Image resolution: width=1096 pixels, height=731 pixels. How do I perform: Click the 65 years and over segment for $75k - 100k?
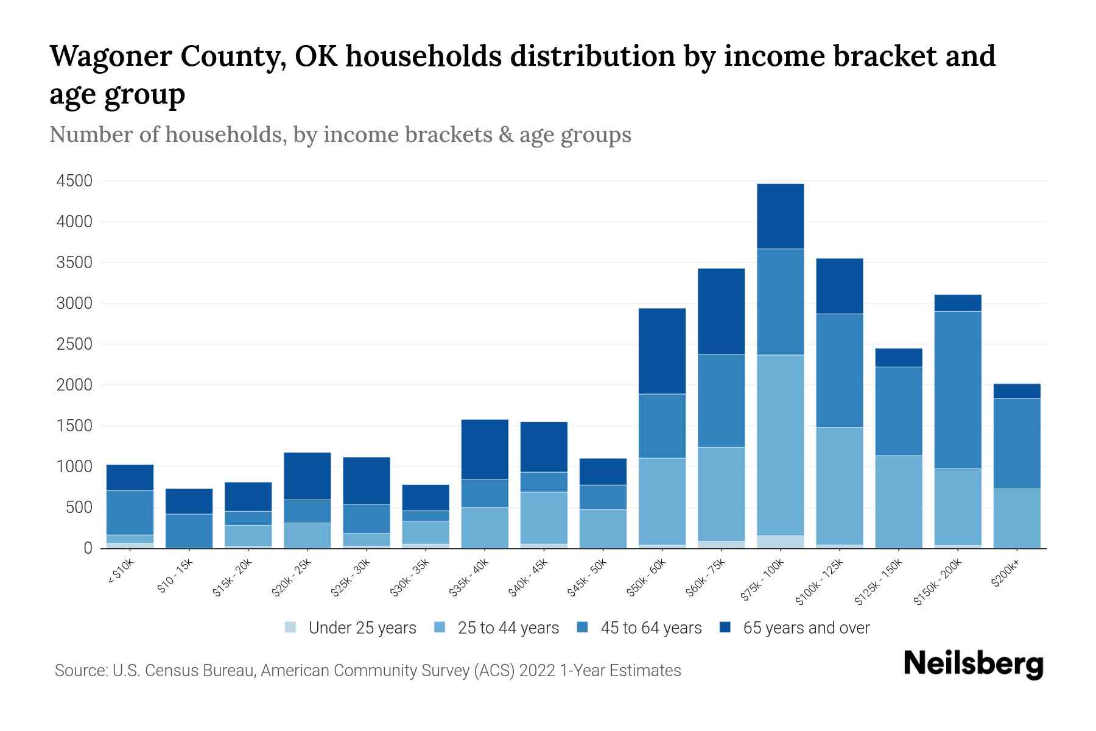[780, 216]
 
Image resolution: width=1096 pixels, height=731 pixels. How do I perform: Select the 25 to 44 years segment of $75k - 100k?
[780, 445]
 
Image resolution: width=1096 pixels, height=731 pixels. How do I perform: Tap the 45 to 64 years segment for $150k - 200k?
[957, 390]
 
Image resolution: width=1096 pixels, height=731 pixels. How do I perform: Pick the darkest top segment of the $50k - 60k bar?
[662, 351]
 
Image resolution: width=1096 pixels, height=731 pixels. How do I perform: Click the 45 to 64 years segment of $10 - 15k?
[189, 531]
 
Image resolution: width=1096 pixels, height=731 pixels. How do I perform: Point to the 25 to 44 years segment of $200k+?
[1016, 518]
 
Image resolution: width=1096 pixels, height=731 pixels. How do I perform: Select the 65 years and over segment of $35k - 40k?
[485, 449]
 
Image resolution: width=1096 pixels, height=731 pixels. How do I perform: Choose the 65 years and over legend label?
[806, 628]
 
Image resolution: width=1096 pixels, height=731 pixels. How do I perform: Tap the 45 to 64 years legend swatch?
[583, 627]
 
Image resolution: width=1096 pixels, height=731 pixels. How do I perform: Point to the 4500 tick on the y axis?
[74, 181]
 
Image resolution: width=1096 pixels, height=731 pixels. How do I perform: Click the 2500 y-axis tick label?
[74, 344]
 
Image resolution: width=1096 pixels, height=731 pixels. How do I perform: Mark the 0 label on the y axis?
[88, 548]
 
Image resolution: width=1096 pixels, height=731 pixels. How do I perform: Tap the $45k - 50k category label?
[588, 578]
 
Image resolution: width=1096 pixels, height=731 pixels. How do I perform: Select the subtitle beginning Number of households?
[340, 135]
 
